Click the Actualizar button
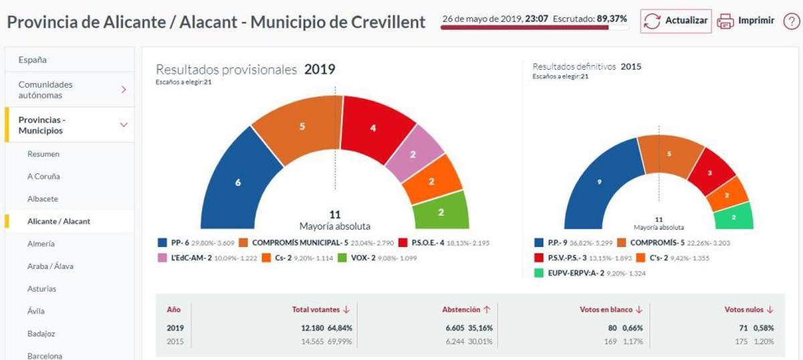pos(675,21)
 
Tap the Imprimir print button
pos(745,21)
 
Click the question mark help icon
pos(791,21)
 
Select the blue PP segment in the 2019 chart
pos(238,183)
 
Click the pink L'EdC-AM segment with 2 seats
pos(414,155)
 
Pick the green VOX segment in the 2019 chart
pos(441,211)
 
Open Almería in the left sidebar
pos(41,244)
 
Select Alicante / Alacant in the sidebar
pos(58,221)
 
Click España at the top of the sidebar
pos(32,60)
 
